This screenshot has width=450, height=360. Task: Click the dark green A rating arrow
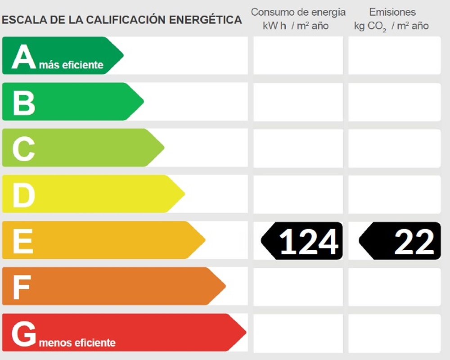[61, 55]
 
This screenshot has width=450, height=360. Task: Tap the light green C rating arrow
[81, 148]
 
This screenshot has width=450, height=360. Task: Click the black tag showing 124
[302, 241]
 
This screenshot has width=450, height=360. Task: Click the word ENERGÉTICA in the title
[205, 20]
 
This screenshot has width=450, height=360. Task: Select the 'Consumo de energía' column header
[298, 12]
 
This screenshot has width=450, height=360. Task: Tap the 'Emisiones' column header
[392, 12]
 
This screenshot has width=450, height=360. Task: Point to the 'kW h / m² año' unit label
[296, 26]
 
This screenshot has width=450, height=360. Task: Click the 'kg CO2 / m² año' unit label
[391, 26]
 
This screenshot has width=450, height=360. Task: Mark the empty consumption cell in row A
[298, 55]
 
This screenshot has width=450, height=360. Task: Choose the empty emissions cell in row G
[394, 333]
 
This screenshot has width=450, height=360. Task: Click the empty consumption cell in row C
[298, 148]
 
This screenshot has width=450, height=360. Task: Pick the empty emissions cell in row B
[394, 102]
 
